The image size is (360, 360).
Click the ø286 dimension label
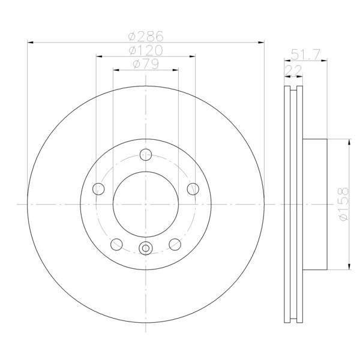point(146,36)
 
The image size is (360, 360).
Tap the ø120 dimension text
point(146,50)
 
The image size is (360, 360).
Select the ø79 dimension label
point(146,64)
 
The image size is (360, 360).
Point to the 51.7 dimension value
point(305,55)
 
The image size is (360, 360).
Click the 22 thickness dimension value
point(293,70)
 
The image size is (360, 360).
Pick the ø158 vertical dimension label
point(344,204)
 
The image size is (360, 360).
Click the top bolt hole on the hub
point(146,155)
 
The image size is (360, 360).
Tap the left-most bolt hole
point(98,189)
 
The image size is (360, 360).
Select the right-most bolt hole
point(193,189)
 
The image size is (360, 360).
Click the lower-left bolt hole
point(116,244)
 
